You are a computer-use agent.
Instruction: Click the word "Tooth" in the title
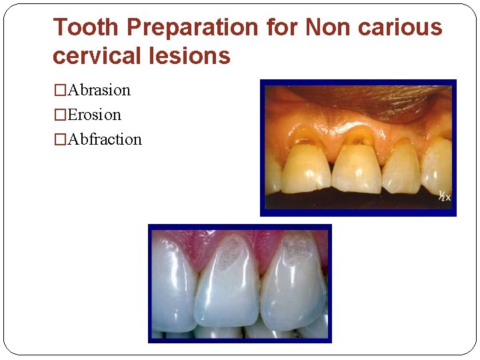coord(86,27)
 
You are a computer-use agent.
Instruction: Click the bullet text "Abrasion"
coord(99,90)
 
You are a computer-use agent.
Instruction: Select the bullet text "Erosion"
coord(95,115)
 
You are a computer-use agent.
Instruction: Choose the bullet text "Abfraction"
coord(105,139)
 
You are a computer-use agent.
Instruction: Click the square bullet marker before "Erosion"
coord(60,115)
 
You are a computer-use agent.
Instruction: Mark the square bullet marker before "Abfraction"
coord(60,140)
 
